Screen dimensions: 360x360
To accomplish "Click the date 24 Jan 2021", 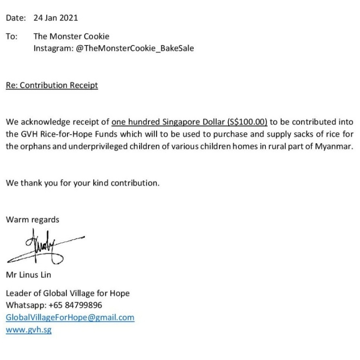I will [56, 18].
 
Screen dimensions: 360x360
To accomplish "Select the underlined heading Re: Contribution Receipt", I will [52, 85].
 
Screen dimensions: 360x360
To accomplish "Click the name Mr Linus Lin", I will [28, 275].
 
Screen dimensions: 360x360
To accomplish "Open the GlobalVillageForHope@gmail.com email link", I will [70, 317].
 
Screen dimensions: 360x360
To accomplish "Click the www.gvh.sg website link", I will [28, 330].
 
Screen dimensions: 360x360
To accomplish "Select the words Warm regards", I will [32, 220].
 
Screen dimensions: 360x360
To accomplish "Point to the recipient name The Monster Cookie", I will [71, 36].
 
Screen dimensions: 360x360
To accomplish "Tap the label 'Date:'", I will [16, 18].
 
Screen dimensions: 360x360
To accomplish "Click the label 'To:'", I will [11, 36].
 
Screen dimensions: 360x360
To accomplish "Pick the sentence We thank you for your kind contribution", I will [83, 184].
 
